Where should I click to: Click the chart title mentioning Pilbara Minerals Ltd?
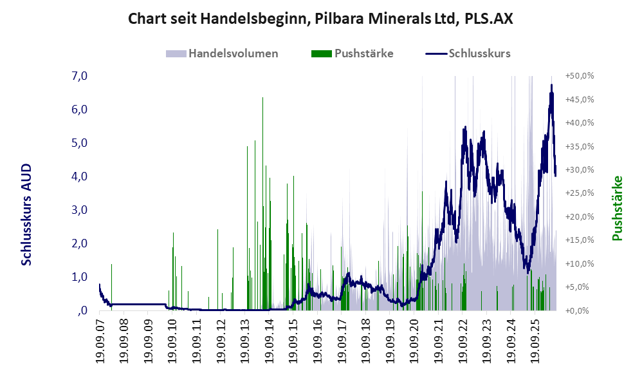pos(320,19)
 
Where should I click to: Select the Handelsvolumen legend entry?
pos(222,53)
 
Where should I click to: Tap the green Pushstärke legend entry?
pos(352,53)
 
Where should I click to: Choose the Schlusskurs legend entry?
pos(468,53)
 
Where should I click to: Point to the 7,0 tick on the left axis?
pos(79,76)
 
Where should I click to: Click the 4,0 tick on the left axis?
pos(79,176)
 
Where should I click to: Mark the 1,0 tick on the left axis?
pos(79,277)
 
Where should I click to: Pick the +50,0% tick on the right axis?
pos(580,76)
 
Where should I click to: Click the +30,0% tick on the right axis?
pos(580,169)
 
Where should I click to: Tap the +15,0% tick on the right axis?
pos(580,240)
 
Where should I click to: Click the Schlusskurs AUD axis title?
pos(26,214)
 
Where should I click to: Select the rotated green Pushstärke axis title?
pos(617,208)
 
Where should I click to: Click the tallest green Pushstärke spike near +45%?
pos(262,204)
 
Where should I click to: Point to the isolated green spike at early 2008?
pos(111,287)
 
